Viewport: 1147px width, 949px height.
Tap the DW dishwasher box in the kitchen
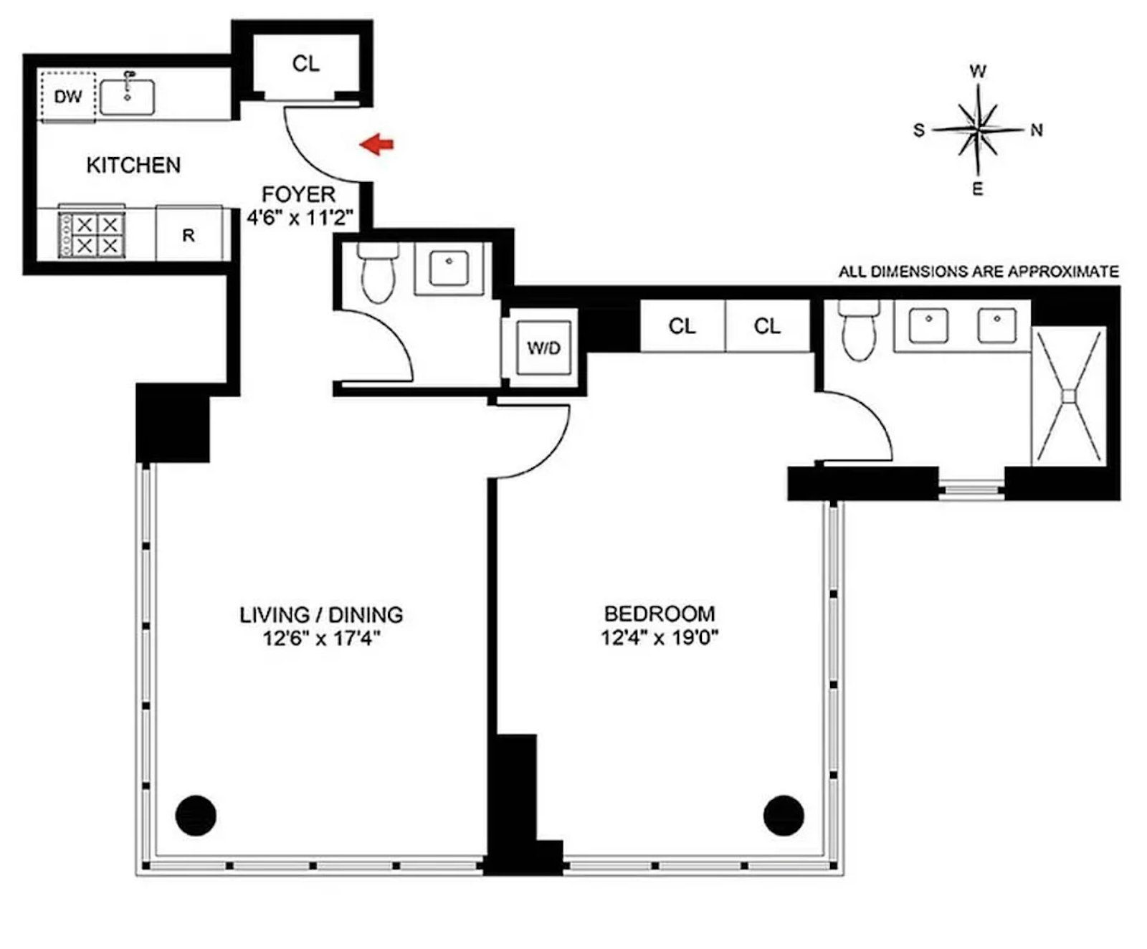pos(68,96)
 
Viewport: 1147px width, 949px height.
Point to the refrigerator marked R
pos(189,235)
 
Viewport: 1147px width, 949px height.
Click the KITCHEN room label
pos(133,166)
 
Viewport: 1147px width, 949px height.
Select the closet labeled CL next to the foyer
pos(306,64)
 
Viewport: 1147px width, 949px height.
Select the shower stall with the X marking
pos(1068,396)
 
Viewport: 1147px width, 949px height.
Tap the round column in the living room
pos(196,815)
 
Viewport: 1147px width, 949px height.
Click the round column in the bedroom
pos(784,815)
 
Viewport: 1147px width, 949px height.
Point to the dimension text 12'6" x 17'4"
pos(321,637)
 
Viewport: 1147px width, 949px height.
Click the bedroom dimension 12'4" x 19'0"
pos(660,636)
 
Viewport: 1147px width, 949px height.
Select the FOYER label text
pos(298,194)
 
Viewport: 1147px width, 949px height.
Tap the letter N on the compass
pos(1036,130)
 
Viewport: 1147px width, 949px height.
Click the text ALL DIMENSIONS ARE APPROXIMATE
pos(978,272)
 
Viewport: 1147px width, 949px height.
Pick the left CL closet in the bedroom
pos(682,327)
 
